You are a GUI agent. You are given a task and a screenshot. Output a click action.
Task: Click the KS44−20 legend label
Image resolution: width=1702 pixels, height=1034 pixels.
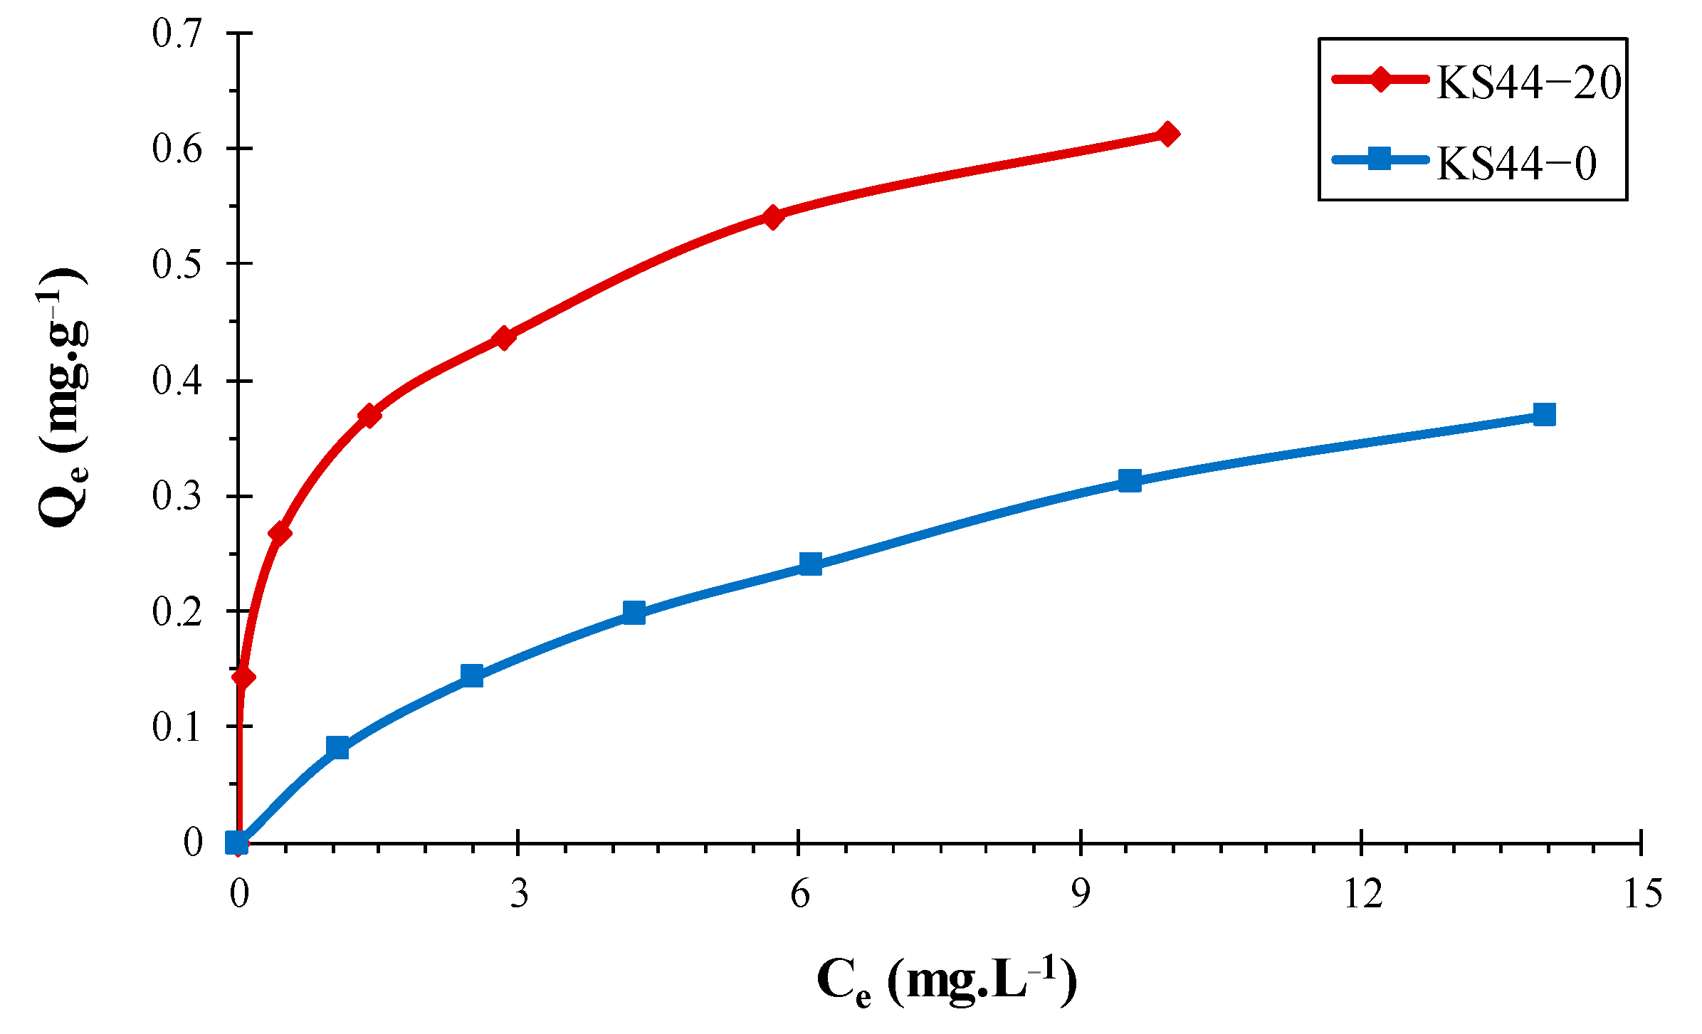[1528, 83]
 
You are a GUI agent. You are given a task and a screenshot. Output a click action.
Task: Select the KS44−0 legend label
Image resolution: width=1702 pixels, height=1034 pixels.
[1516, 163]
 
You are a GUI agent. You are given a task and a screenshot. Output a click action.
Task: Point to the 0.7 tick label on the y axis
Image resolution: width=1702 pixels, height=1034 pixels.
[177, 33]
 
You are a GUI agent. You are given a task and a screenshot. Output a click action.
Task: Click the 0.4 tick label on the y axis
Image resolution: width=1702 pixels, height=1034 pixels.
[177, 381]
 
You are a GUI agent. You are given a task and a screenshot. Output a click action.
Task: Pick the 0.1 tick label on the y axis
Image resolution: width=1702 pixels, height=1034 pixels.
[177, 727]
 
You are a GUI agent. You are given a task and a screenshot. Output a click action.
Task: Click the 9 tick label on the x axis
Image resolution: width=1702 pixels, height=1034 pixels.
[1081, 894]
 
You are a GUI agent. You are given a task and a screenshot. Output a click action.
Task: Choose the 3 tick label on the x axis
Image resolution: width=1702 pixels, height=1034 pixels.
[519, 894]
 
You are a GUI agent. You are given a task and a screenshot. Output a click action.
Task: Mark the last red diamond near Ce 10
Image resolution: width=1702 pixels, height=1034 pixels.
[1167, 133]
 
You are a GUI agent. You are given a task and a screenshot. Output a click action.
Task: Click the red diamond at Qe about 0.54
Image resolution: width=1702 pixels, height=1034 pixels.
[773, 216]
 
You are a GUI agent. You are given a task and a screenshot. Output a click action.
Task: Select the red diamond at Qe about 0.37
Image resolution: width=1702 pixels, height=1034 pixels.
[369, 416]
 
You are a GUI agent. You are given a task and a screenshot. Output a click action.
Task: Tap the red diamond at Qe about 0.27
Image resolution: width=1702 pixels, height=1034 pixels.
[280, 533]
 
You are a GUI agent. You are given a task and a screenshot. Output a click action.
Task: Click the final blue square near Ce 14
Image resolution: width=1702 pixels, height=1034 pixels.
[1544, 414]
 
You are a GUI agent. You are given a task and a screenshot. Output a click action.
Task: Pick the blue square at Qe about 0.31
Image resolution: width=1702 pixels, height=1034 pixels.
[1130, 480]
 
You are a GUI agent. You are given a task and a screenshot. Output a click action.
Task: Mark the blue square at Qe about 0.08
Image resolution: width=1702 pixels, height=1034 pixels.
[337, 747]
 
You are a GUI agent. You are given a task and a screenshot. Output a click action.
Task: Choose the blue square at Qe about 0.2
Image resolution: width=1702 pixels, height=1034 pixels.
[634, 612]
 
